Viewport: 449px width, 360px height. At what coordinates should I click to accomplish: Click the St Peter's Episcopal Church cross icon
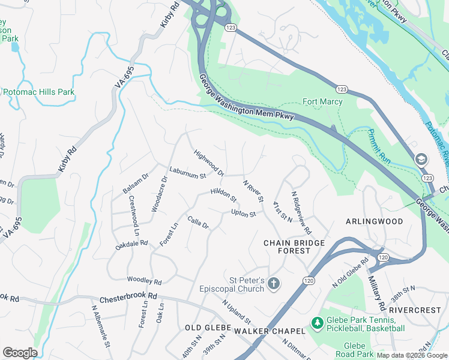[273, 283]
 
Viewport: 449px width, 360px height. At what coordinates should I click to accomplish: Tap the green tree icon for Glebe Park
[317, 324]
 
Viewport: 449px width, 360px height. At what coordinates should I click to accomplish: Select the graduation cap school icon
[421, 159]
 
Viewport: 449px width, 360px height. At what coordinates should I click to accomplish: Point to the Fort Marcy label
[322, 101]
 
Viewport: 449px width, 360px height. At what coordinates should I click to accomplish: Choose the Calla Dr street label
[197, 223]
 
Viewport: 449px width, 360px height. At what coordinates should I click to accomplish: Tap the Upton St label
[244, 214]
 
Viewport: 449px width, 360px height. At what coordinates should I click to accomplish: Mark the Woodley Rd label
[144, 281]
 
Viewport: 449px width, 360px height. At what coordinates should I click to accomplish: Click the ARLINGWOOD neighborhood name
[375, 221]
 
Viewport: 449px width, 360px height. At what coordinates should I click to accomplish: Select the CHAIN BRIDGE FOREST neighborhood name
[294, 247]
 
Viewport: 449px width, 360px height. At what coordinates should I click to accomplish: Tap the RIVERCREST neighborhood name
[414, 310]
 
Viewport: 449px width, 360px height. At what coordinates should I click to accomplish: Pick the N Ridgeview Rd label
[301, 212]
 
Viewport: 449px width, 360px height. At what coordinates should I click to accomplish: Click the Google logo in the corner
[20, 353]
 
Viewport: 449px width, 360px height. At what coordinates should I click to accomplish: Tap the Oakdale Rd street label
[131, 244]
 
